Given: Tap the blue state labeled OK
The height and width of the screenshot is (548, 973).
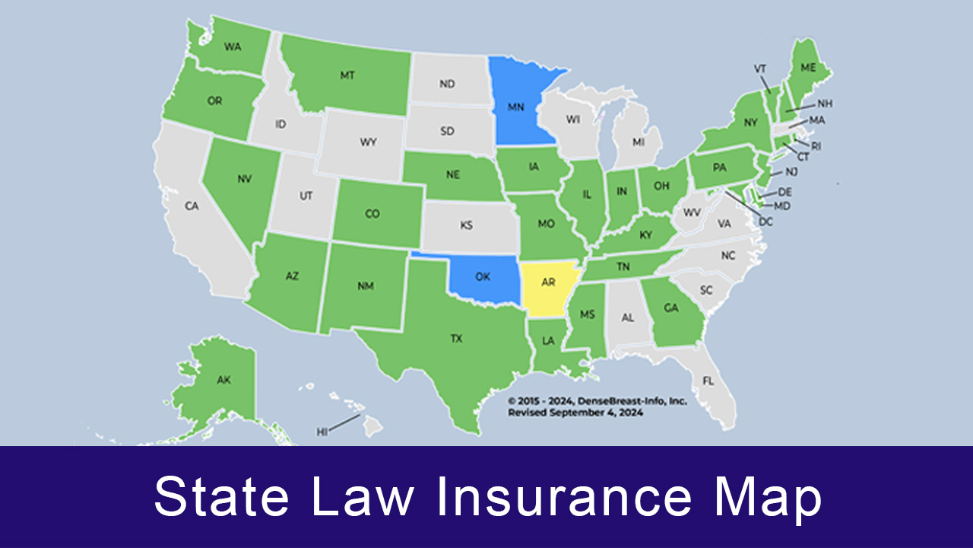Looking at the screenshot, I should (483, 277).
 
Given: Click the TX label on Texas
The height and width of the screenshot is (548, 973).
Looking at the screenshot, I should (456, 339).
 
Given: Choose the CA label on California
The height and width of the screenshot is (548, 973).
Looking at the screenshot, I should (192, 205).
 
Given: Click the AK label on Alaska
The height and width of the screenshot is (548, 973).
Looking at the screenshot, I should (223, 380).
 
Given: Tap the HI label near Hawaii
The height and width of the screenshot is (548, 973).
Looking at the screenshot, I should (322, 432).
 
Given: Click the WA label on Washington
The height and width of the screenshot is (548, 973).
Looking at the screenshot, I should (233, 46).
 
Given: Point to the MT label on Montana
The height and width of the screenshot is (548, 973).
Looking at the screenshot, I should (347, 75).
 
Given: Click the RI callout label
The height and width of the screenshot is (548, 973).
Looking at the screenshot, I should (816, 145).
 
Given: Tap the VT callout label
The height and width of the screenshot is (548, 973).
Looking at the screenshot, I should (759, 68).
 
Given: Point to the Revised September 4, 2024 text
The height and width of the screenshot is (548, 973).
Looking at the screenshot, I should (575, 413).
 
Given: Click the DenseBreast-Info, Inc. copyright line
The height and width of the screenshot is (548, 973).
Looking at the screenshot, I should (597, 400).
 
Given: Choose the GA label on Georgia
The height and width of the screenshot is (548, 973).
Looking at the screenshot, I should (670, 308).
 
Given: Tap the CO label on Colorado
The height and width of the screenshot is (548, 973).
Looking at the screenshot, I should (372, 215).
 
